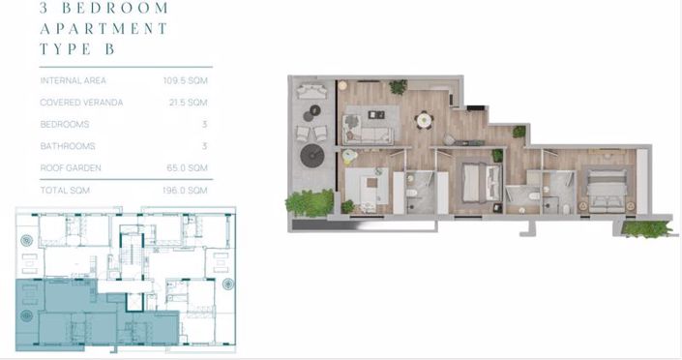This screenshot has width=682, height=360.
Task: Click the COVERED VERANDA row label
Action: pyautogui.click(x=81, y=102)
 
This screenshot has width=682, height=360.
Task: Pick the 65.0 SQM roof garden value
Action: pyautogui.click(x=187, y=167)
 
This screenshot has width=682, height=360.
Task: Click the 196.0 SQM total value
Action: pyautogui.click(x=186, y=190)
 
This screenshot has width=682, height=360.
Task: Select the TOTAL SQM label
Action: pyautogui.click(x=65, y=190)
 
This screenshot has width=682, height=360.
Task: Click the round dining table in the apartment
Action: pyautogui.click(x=424, y=120)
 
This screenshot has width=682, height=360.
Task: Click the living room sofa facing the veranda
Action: pyautogui.click(x=368, y=128)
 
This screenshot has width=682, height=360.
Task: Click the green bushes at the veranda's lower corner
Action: pyautogui.click(x=308, y=203)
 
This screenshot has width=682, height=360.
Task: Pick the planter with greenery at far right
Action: pyautogui.click(x=646, y=229)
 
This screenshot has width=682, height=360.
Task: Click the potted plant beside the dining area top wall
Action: pyautogui.click(x=398, y=87)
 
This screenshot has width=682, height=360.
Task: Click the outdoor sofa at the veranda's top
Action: pyautogui.click(x=312, y=92)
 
